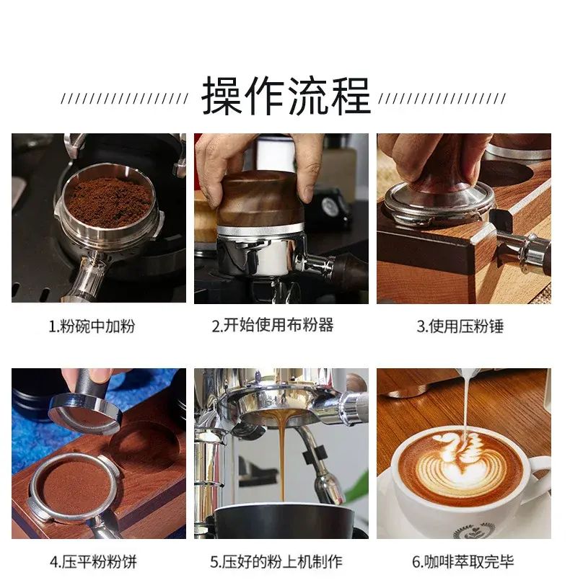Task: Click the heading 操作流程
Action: (x=286, y=96)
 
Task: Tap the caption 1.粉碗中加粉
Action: (x=92, y=326)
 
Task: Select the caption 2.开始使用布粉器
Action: (x=273, y=325)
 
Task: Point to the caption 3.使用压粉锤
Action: (x=460, y=326)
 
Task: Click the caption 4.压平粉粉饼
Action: (x=93, y=562)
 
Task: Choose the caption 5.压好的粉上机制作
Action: (x=276, y=561)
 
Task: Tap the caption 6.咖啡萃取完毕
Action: (x=462, y=561)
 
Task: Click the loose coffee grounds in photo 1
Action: (x=109, y=202)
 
